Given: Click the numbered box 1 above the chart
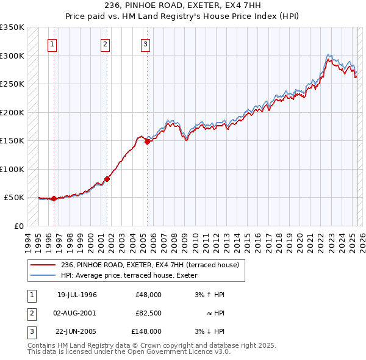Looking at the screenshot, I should coord(52,44).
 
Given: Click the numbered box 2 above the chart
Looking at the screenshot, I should coord(106,44).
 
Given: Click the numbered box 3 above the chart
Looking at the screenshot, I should coord(146,44).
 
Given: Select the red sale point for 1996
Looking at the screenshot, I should coord(54,198).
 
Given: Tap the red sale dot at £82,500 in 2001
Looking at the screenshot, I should coord(107,179).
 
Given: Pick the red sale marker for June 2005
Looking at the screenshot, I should coord(147,142).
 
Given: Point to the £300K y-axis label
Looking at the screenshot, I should coord(12,56).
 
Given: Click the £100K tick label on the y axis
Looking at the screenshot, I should coord(12,169).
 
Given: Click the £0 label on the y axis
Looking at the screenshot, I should coord(19,226).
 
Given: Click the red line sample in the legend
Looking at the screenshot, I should coord(44,265).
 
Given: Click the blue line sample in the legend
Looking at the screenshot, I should coord(44,275).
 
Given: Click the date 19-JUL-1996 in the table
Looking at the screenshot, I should coord(77,295).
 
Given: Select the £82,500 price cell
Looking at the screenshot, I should coord(149,313).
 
